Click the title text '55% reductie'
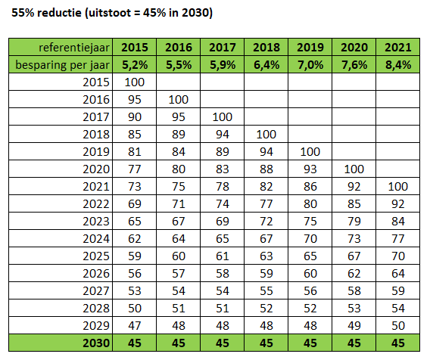pos(46,13)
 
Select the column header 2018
pos(266,48)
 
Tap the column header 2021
pos(398,48)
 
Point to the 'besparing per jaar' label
pos(63,65)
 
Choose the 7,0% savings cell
pos(310,65)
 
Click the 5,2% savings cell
pos(135,65)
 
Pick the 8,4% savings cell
pos(398,65)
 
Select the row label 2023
pos(96,222)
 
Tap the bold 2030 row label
pos(96,343)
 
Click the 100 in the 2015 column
pos(135,82)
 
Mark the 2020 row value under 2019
pos(310,169)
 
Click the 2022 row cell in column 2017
pos(223,204)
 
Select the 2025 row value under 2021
pos(398,256)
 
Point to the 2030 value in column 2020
pos(354,343)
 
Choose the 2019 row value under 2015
pos(135,152)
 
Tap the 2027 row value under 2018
pos(266,291)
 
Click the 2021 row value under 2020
pos(354,187)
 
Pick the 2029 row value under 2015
pos(135,326)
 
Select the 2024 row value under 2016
pos(179,239)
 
